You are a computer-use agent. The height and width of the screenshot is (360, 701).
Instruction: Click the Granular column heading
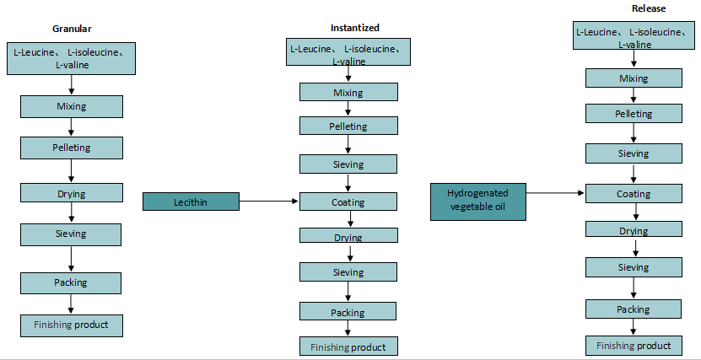pos(71,29)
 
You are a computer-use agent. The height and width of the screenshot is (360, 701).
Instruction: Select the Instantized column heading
pos(354,28)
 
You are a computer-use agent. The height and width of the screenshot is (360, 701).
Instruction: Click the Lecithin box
pos(191,202)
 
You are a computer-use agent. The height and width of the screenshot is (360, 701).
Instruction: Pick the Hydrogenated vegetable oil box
pos(479,201)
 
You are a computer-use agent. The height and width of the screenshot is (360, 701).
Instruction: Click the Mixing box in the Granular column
pos(72,106)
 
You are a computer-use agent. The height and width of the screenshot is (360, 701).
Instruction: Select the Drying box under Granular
pos(72,194)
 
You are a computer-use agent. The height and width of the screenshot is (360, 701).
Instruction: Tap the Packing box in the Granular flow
pos(72,282)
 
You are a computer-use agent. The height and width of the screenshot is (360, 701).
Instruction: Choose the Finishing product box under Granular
pos(72,325)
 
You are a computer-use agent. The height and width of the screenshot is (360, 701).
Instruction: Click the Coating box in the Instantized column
pos(348,202)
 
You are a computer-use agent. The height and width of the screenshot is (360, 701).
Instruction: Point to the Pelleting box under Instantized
pos(348,126)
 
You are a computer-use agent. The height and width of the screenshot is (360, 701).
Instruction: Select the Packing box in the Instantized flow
pos(348,312)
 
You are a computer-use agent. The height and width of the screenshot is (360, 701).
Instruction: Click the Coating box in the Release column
pos(634,194)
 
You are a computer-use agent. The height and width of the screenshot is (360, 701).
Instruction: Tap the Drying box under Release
pos(634,231)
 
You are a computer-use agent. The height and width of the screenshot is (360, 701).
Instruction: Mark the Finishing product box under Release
pos(634,346)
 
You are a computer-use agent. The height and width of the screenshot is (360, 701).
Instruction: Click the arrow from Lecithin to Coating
pos(270,201)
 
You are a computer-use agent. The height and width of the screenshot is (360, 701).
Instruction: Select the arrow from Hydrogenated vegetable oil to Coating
pos(557,193)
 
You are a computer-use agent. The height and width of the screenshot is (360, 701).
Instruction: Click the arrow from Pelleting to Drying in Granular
pos(72,169)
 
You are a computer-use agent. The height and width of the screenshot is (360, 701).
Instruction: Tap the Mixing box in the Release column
pos(634,78)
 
